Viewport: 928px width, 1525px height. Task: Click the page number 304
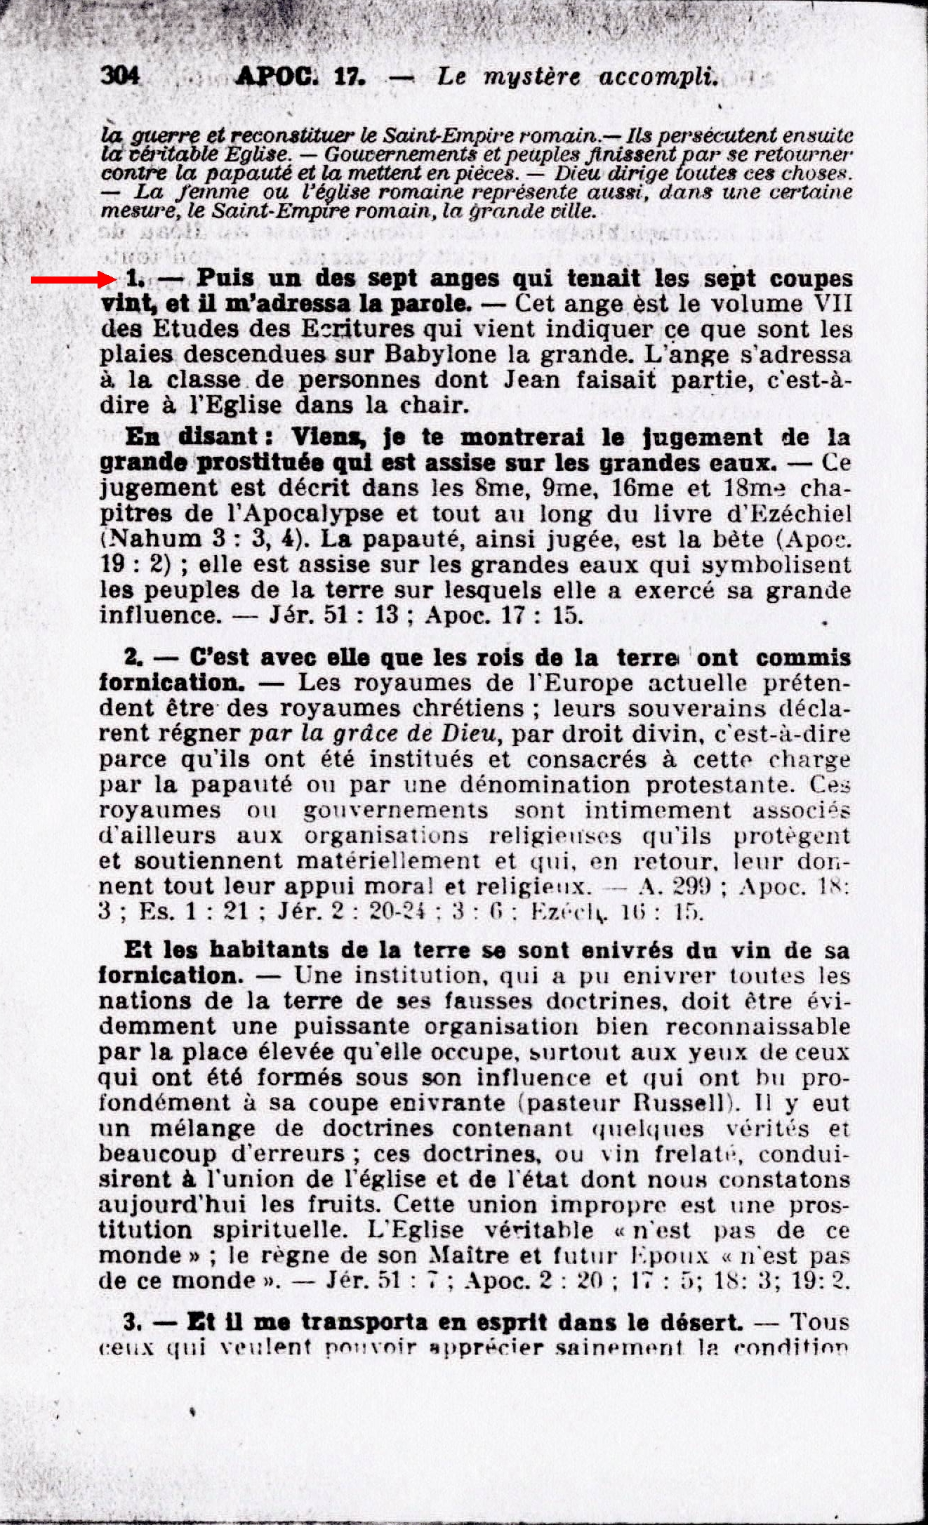pyautogui.click(x=120, y=75)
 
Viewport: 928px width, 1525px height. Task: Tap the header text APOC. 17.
pyautogui.click(x=300, y=76)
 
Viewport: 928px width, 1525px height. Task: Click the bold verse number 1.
pyautogui.click(x=133, y=279)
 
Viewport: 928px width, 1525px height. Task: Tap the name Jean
pyautogui.click(x=531, y=380)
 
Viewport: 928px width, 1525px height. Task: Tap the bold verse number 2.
pyautogui.click(x=133, y=658)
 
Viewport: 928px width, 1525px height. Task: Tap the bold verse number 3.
pyautogui.click(x=132, y=1323)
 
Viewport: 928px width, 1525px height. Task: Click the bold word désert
pyautogui.click(x=701, y=1323)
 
